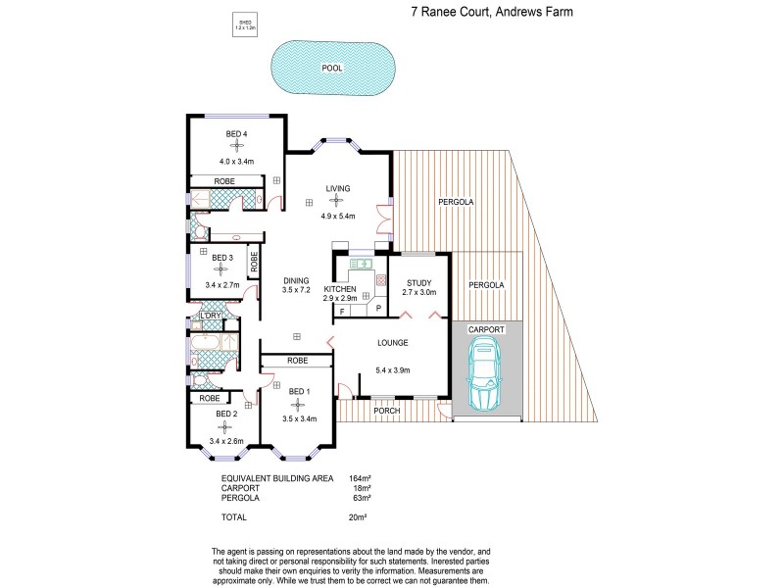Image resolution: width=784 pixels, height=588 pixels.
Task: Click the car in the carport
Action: (486, 379)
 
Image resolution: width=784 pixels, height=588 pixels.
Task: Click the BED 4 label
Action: (236, 133)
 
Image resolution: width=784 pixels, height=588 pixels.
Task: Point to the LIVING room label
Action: (339, 189)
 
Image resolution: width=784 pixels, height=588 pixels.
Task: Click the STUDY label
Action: (417, 282)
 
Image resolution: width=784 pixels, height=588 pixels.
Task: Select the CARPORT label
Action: (486, 329)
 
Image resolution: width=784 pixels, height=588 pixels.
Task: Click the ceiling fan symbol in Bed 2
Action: (225, 426)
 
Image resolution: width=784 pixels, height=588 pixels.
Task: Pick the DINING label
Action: (296, 281)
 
